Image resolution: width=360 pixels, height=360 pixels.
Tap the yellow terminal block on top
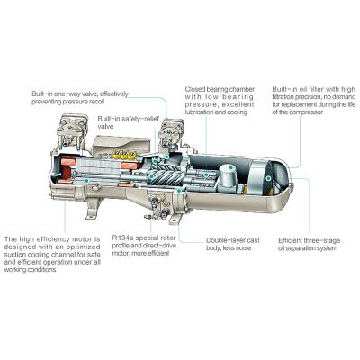click(x=124, y=155)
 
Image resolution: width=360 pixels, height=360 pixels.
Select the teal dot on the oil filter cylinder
click(x=231, y=167)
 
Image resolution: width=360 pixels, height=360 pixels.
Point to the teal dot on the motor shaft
click(x=86, y=181)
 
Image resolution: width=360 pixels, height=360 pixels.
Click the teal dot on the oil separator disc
click(x=268, y=178)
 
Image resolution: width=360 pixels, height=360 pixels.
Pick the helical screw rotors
click(x=166, y=175)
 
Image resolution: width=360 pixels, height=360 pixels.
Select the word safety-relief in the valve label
click(x=141, y=119)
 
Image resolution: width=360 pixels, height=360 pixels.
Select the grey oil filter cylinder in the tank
click(x=229, y=176)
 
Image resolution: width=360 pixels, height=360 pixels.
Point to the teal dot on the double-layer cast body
click(x=179, y=191)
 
